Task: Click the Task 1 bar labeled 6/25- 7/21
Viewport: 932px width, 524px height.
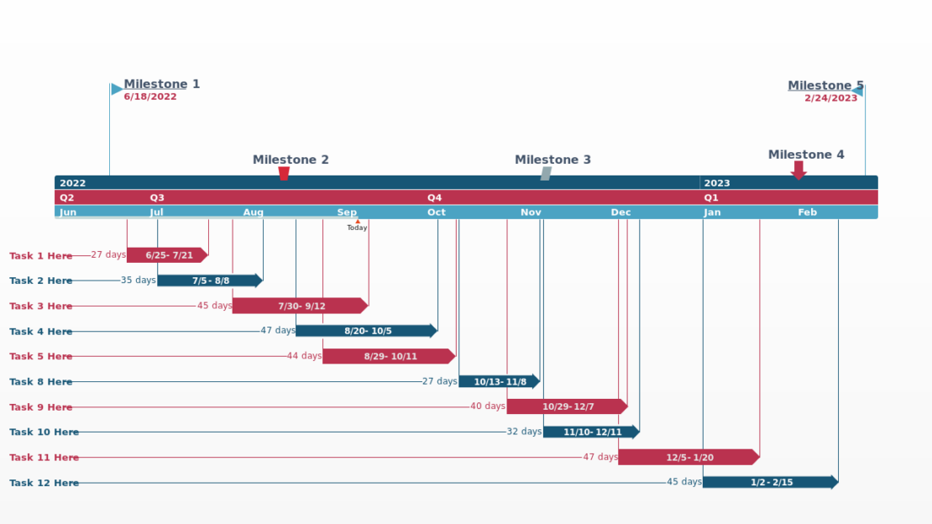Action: click(x=167, y=255)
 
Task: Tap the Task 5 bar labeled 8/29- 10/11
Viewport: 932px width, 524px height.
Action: click(x=389, y=356)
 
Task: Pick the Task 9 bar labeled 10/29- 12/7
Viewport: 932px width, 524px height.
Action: click(x=567, y=406)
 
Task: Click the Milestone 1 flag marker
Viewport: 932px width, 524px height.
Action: click(x=117, y=89)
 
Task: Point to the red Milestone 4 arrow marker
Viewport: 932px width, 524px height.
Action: click(x=798, y=170)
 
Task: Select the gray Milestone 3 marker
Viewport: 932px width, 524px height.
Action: click(x=546, y=173)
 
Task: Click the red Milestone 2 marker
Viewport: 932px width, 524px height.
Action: click(x=284, y=173)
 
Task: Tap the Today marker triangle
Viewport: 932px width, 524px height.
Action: click(x=358, y=222)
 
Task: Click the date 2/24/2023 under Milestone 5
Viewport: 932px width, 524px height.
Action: click(x=830, y=98)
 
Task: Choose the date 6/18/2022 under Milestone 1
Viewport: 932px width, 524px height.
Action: click(x=150, y=97)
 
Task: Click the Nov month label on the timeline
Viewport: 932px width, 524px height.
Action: click(x=531, y=212)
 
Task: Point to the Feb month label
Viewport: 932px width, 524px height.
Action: click(x=807, y=212)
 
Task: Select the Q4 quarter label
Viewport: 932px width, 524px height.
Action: click(x=434, y=198)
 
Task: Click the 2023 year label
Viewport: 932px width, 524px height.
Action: click(x=716, y=183)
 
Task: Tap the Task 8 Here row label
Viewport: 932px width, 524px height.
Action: click(x=41, y=382)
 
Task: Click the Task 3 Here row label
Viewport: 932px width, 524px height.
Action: click(x=41, y=307)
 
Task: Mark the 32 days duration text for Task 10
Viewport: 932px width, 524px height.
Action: click(x=524, y=432)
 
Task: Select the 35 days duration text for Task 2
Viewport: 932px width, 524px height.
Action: click(x=138, y=280)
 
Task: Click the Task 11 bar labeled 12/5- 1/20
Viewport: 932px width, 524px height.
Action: click(x=689, y=457)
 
